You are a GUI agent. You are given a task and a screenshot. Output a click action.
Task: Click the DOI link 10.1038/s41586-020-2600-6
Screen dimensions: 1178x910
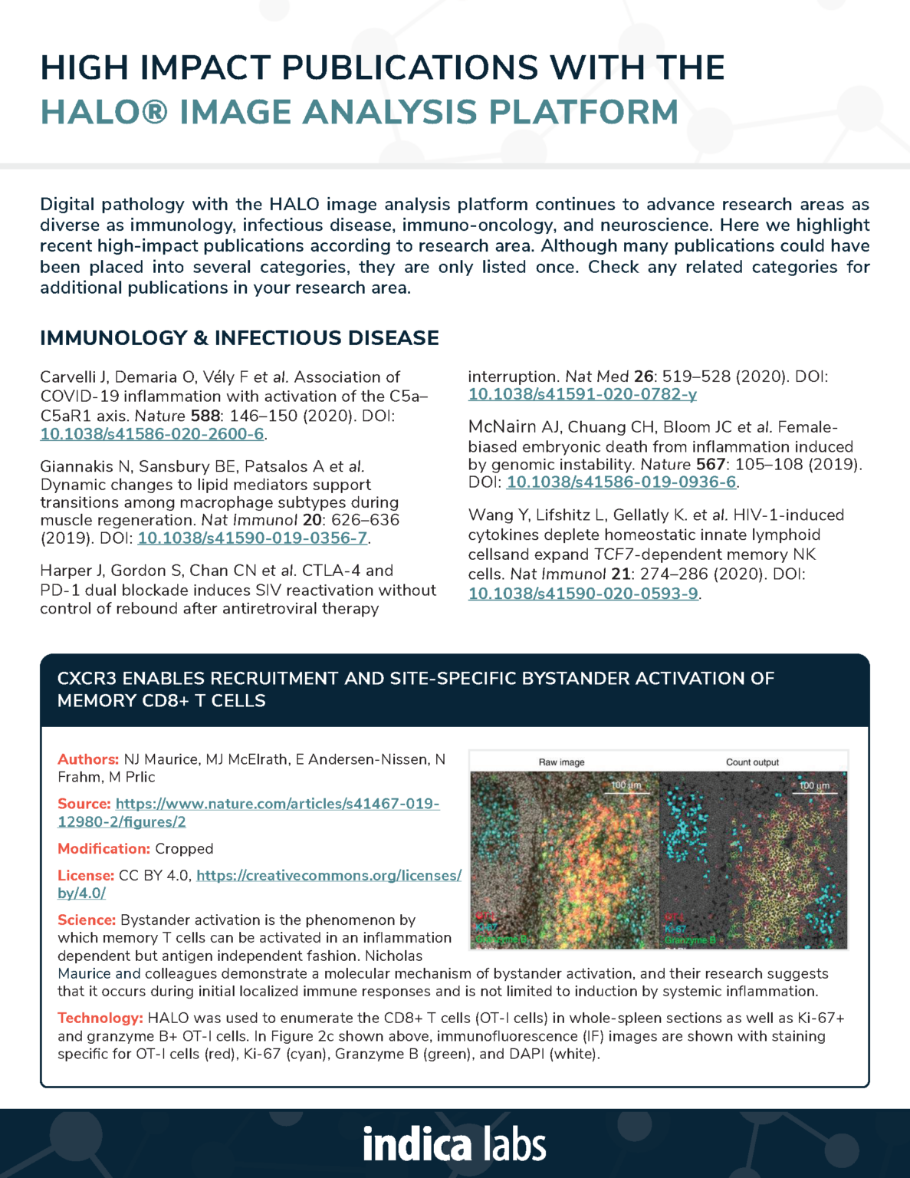coord(152,434)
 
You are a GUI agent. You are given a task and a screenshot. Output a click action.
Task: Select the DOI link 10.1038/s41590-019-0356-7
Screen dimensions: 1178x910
coord(252,538)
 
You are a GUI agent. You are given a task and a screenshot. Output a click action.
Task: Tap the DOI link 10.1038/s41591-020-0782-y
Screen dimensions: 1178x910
coord(583,394)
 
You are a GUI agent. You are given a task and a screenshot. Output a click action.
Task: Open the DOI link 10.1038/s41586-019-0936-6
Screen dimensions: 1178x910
coord(621,482)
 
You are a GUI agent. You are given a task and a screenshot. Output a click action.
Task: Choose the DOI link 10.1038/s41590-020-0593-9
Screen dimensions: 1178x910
coord(583,594)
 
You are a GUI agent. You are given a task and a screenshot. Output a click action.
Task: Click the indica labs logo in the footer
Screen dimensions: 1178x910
coord(455,1145)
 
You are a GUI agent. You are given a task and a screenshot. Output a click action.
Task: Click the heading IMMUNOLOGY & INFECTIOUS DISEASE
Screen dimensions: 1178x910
coord(239,338)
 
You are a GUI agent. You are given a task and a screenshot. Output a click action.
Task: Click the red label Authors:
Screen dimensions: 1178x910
coord(87,759)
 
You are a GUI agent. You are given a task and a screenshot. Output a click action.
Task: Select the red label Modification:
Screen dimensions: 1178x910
coord(103,849)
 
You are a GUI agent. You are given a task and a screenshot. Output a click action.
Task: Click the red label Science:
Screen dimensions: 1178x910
coord(86,920)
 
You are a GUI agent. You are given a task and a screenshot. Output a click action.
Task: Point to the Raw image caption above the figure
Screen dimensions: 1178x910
coord(561,762)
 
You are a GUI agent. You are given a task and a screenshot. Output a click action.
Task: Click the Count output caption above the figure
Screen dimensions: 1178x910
coord(752,762)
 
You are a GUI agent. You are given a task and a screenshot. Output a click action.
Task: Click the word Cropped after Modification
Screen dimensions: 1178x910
coord(184,849)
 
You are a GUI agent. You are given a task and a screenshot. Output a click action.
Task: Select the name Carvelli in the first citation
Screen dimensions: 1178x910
coord(68,377)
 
